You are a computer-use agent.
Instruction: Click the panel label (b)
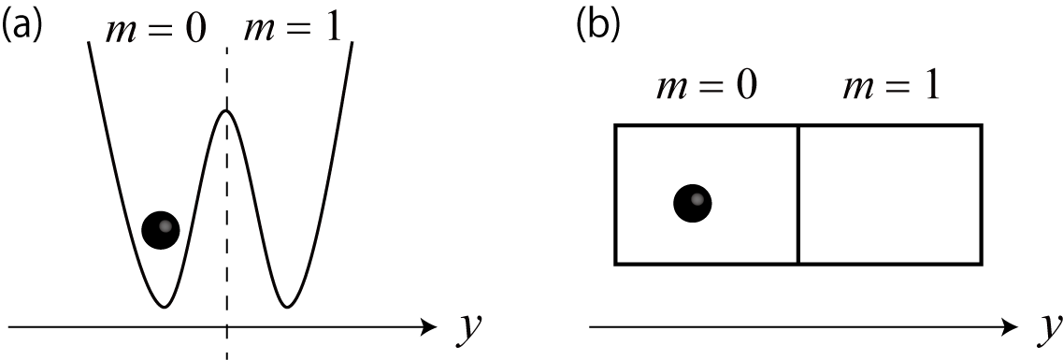coord(597,25)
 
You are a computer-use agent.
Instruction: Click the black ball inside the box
coord(693,202)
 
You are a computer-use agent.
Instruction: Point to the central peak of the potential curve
coord(225,111)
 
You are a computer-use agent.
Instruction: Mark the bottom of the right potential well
coord(286,306)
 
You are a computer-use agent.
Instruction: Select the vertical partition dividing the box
coord(797,194)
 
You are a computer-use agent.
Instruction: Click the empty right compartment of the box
coord(889,194)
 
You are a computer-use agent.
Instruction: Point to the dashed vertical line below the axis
coord(225,345)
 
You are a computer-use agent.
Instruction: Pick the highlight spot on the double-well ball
coord(165,225)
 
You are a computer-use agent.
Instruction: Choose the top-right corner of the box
coord(981,125)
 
